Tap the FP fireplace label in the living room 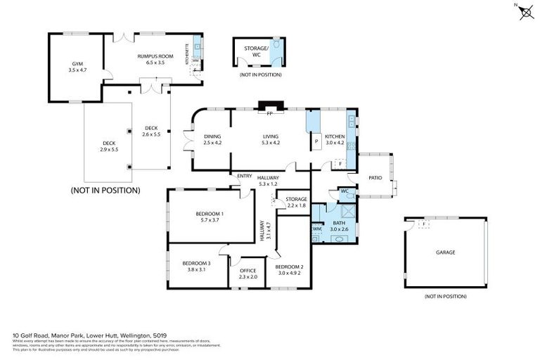point(269,113)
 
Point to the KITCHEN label point(334,136)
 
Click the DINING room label point(212,136)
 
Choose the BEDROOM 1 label point(210,213)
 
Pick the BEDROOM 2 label point(289,267)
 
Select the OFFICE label point(248,270)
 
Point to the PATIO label point(375,177)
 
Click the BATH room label point(340,222)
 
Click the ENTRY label point(245,176)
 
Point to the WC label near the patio point(345,191)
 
